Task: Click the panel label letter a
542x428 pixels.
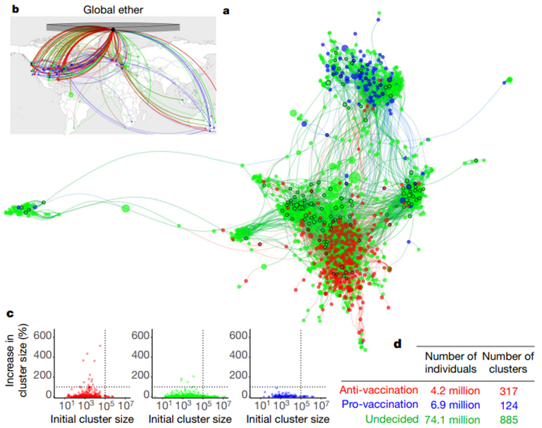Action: (x=226, y=11)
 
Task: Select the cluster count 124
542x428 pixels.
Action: (x=509, y=405)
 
